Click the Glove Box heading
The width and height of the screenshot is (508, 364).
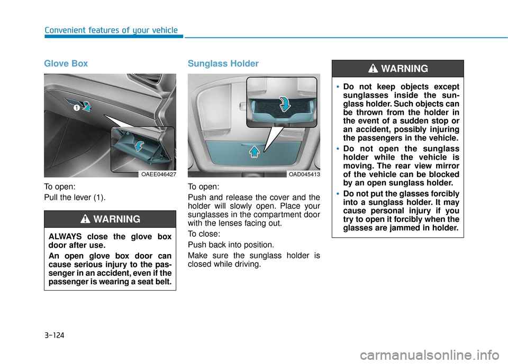click(66, 63)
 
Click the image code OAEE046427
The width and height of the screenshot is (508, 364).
click(159, 174)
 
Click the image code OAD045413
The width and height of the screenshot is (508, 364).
click(303, 174)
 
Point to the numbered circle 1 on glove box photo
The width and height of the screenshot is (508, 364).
click(76, 107)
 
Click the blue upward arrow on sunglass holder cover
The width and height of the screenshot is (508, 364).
click(255, 152)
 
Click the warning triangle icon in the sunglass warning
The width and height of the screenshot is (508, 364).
click(373, 69)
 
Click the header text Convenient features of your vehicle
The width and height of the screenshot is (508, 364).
click(111, 30)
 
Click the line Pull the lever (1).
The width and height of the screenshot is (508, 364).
click(75, 198)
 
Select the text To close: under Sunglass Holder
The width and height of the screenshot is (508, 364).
click(203, 234)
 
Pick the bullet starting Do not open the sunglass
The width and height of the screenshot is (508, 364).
click(397, 162)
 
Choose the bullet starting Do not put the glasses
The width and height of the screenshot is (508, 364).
click(397, 212)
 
